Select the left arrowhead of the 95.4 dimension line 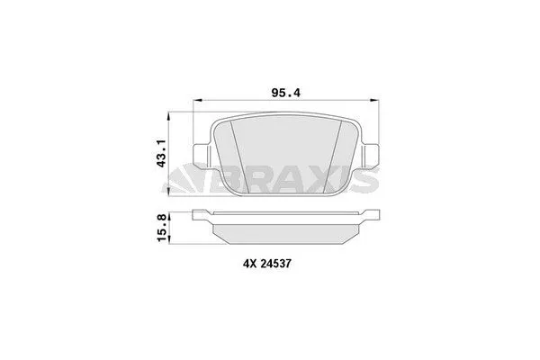coord(200,101)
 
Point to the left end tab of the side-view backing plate coord(202,214)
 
